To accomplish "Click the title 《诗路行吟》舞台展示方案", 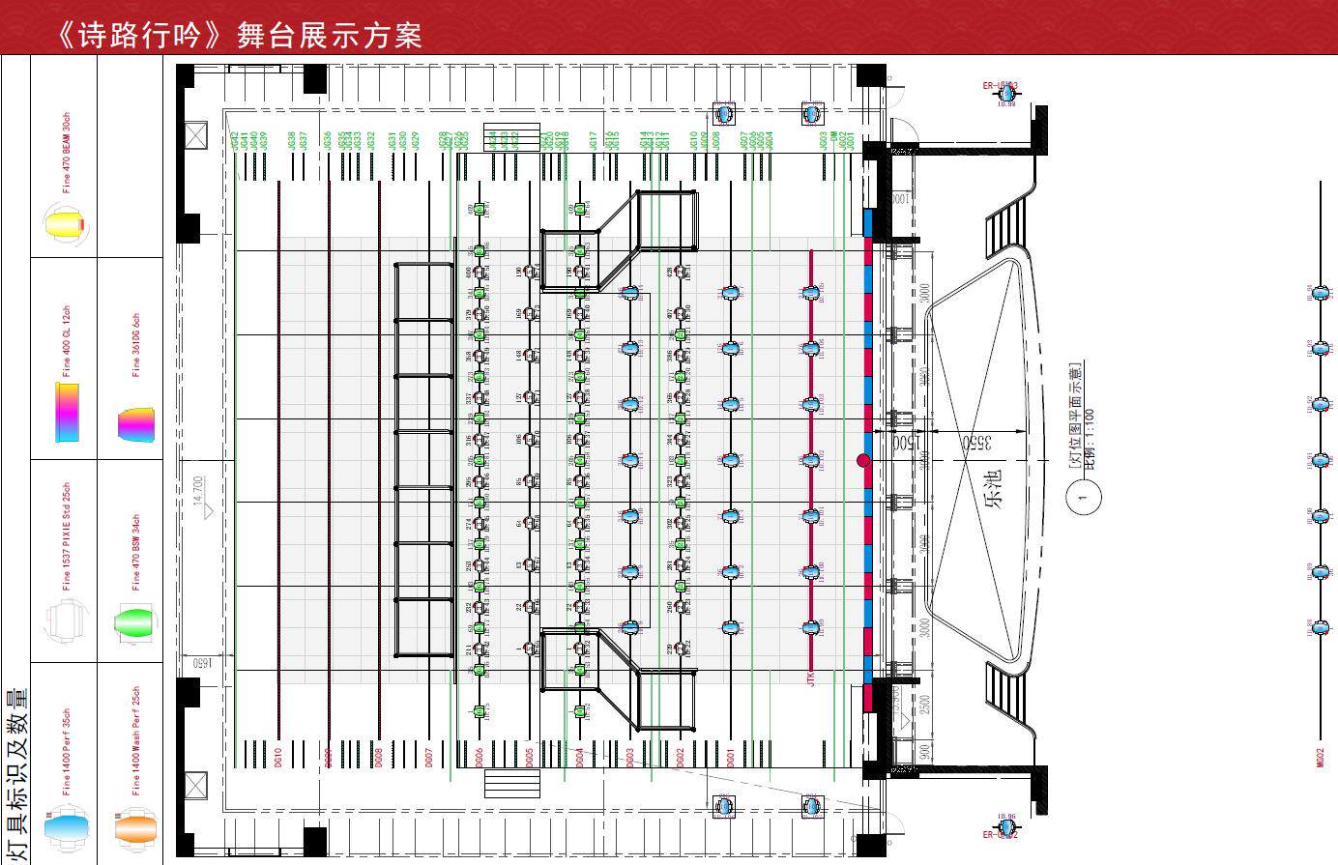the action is (239, 36).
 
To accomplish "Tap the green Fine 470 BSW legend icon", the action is (133, 620).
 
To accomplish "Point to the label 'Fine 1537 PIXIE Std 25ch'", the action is (66, 536).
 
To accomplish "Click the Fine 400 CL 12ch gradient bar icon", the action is (66, 412).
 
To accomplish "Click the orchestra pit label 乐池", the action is (995, 488).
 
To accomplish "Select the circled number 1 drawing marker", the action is (1083, 498).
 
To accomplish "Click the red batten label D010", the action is (278, 757).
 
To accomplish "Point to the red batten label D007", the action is (428, 757).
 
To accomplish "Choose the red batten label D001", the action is (730, 757).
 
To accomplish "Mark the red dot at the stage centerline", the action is (863, 461).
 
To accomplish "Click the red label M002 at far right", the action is (1321, 757).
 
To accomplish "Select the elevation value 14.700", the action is (199, 491).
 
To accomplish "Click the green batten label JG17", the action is (594, 141).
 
